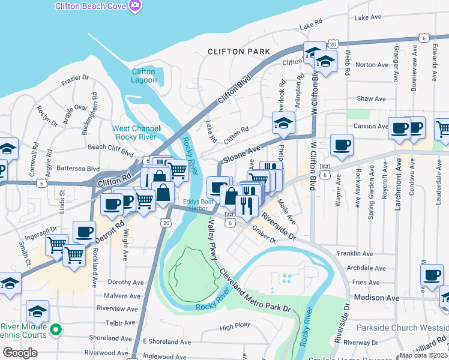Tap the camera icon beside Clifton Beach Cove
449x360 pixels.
pyautogui.click(x=136, y=5)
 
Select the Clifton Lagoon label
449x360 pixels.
pyautogui.click(x=143, y=76)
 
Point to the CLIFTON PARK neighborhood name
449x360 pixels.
pyautogui.click(x=239, y=52)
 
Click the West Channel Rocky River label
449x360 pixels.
pyautogui.click(x=137, y=133)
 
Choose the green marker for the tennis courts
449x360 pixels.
pyautogui.click(x=56, y=329)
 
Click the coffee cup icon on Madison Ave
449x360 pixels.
pyautogui.click(x=431, y=275)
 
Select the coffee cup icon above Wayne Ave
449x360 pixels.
pyautogui.click(x=342, y=145)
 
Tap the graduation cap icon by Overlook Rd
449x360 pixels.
pyautogui.click(x=283, y=123)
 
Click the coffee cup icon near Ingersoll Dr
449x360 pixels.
pyautogui.click(x=84, y=231)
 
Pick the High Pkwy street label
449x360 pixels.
pyautogui.click(x=235, y=327)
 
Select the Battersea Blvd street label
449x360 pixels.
pyautogui.click(x=77, y=169)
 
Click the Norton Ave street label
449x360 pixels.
pyautogui.click(x=372, y=65)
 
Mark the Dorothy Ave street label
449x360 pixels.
pyautogui.click(x=125, y=281)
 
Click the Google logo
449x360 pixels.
pyautogui.click(x=20, y=353)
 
